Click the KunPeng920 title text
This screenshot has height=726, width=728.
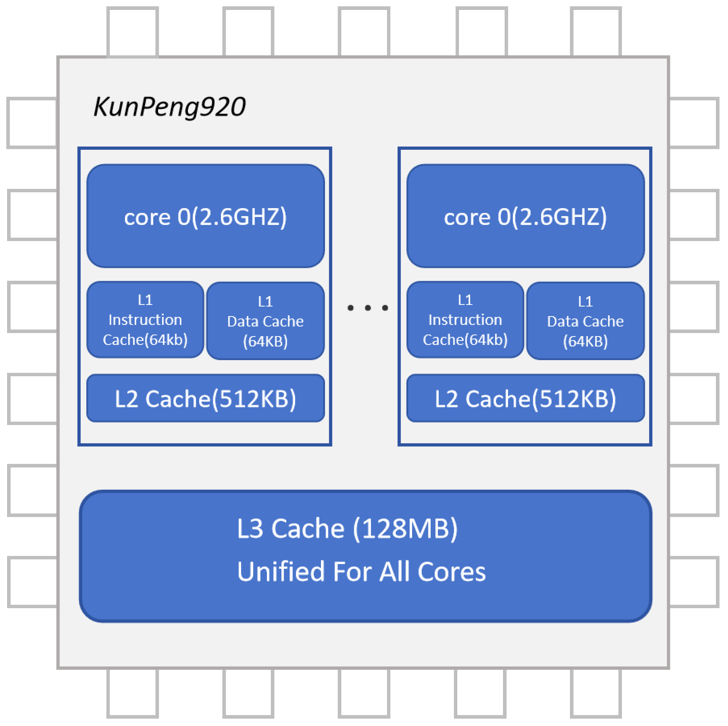(169, 107)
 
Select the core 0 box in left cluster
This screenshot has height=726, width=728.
(205, 216)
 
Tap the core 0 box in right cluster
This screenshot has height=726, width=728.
(525, 216)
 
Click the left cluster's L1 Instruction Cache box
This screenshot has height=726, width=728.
(145, 320)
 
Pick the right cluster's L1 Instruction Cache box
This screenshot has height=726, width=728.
(465, 320)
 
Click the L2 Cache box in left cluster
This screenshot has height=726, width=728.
(205, 398)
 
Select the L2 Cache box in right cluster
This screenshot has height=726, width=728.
(525, 398)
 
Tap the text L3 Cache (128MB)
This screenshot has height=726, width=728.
(347, 528)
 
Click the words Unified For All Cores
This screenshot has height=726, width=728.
(361, 571)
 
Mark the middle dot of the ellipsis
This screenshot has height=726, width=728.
(368, 308)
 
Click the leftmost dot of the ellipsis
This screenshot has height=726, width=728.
(351, 308)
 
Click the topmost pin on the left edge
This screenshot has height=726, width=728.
(32, 123)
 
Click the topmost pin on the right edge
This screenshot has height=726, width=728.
(694, 123)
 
